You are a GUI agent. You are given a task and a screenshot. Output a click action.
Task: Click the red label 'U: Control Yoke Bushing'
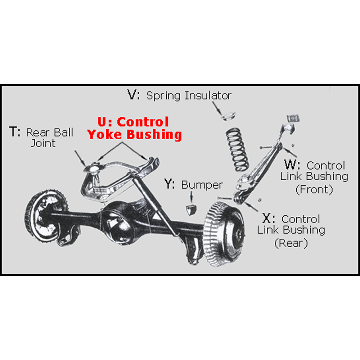click(134, 128)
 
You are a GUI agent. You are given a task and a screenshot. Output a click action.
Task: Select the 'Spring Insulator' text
click(189, 96)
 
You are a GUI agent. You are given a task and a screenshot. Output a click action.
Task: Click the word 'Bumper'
click(202, 185)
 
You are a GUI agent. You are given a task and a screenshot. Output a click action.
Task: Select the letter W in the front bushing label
click(291, 165)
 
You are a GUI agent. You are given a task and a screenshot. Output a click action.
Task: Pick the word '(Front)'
click(314, 189)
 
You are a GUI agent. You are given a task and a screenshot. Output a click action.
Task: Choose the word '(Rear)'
click(291, 243)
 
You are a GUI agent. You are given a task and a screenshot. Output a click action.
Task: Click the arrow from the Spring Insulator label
click(217, 107)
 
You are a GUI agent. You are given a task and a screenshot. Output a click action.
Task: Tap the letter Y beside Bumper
click(169, 185)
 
